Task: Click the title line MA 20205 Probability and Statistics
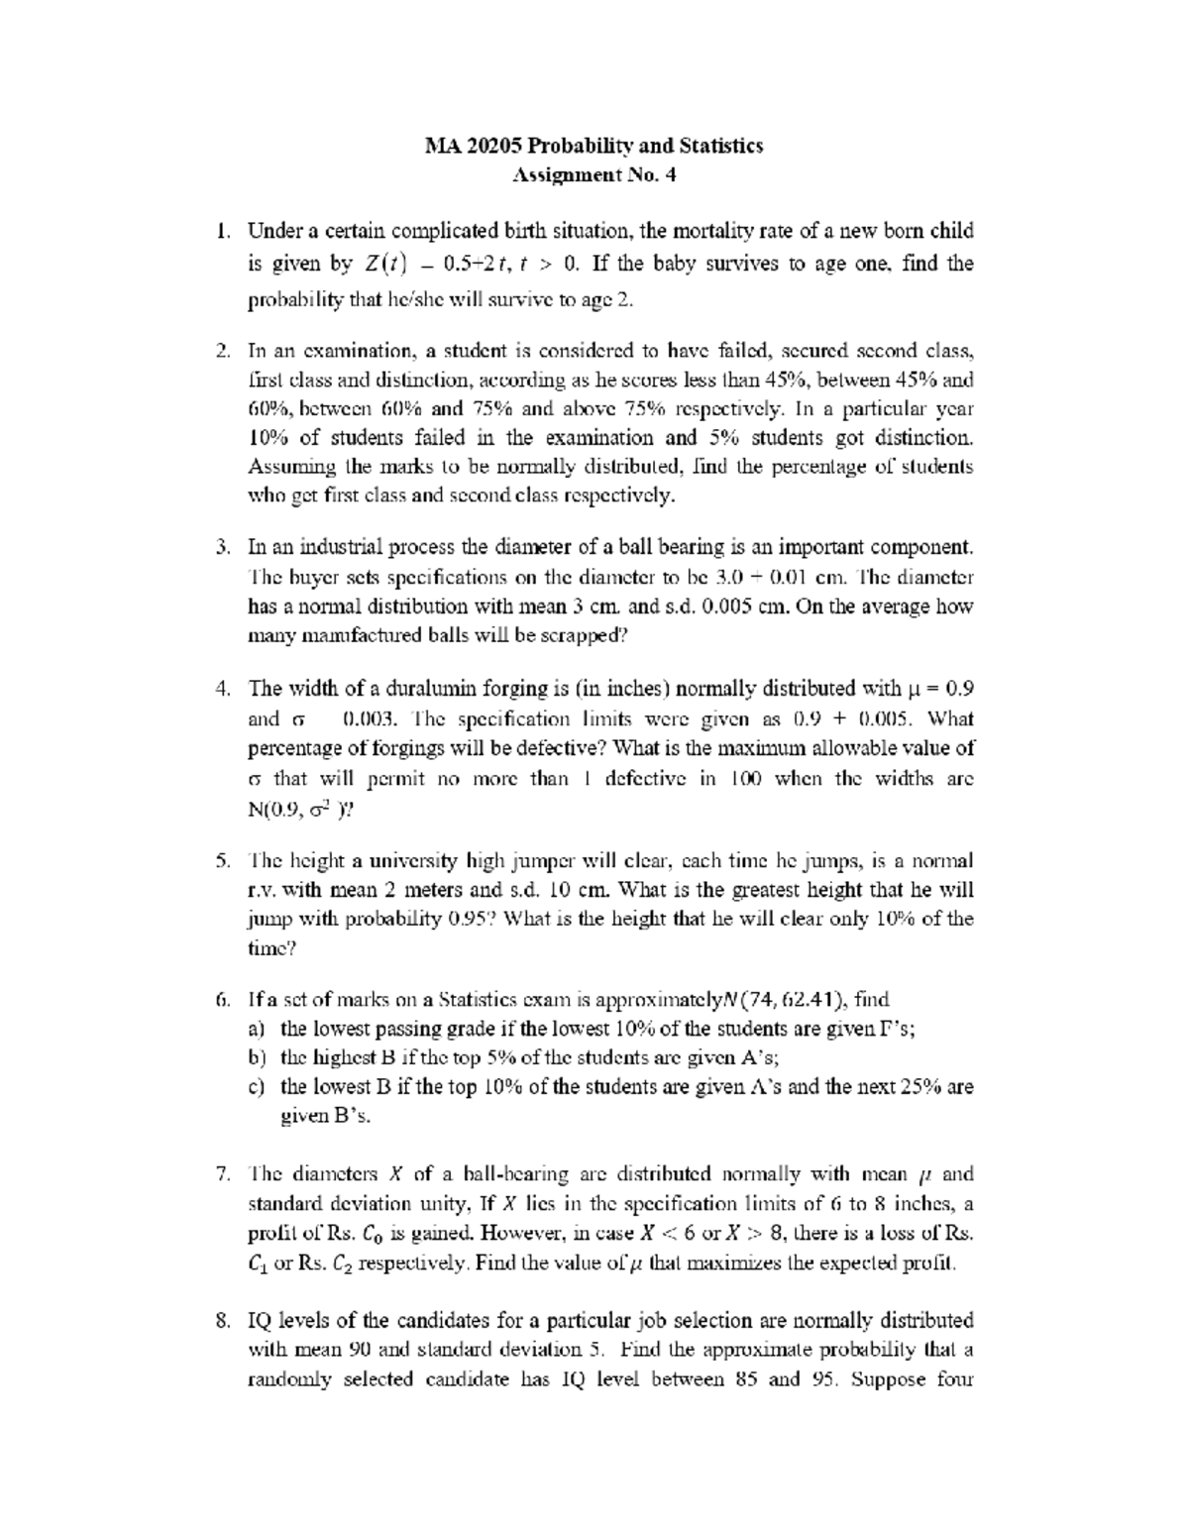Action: tap(594, 147)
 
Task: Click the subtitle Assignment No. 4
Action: tap(594, 176)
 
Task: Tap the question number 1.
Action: tap(223, 232)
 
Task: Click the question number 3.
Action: tap(223, 547)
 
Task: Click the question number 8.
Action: tap(223, 1321)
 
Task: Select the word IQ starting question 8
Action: tap(259, 1321)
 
